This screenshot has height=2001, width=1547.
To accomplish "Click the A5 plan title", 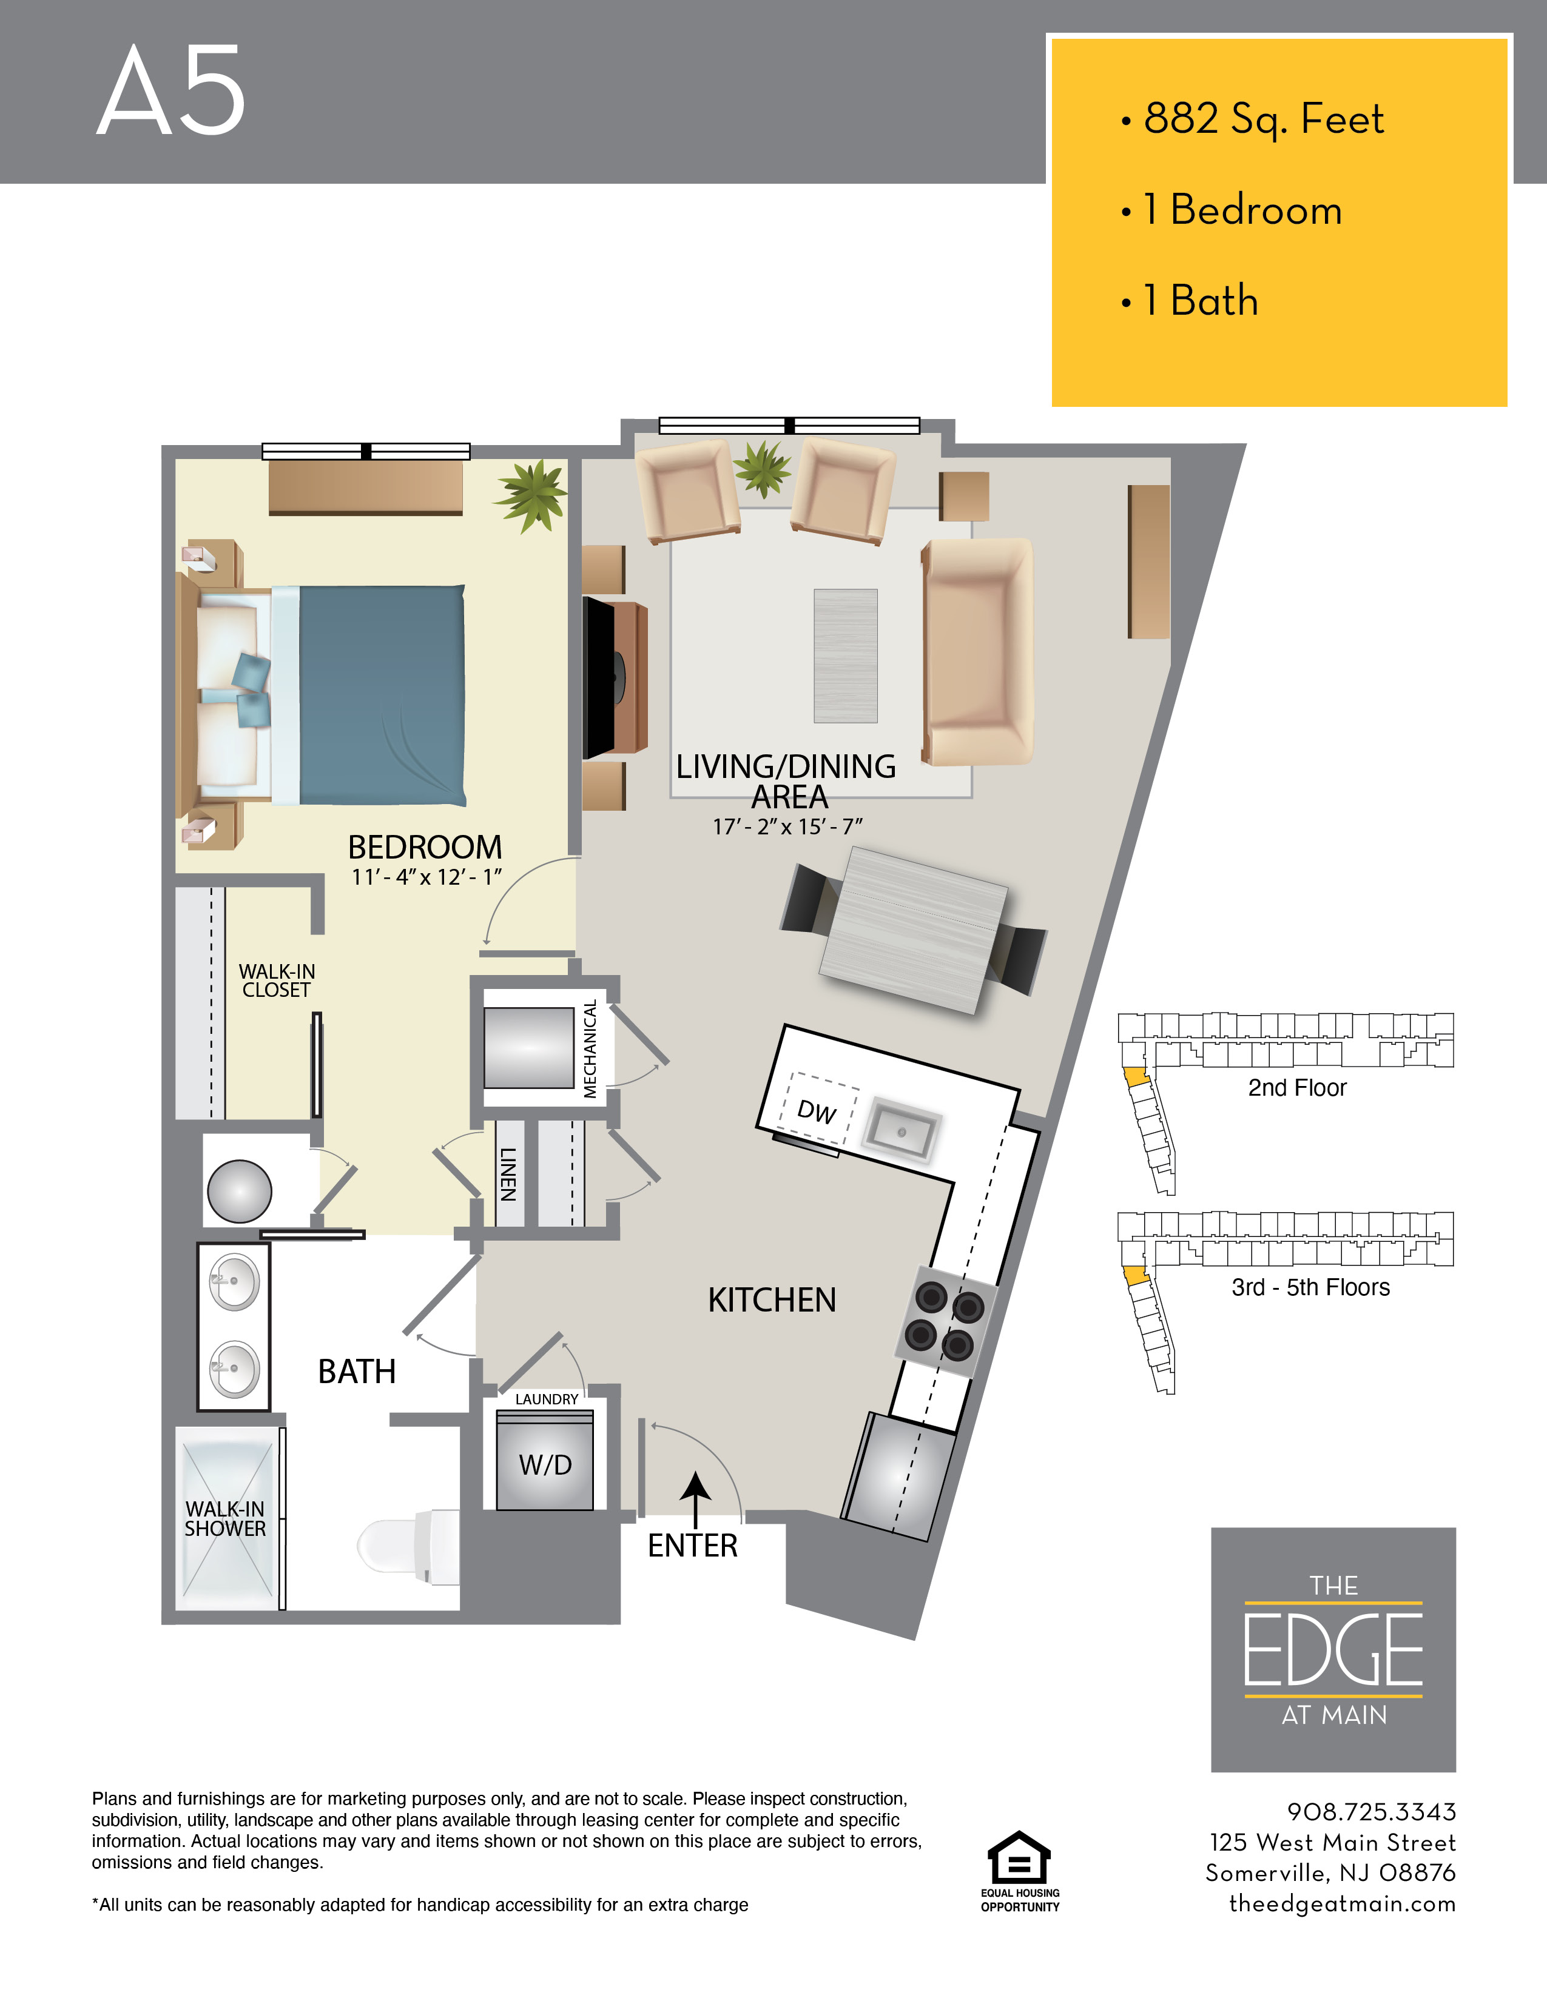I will coord(171,92).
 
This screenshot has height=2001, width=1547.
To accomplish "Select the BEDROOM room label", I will coord(424,846).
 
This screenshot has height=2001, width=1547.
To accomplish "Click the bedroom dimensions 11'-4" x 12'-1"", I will coord(426,877).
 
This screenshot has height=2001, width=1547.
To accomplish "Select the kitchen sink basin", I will coord(903,1131).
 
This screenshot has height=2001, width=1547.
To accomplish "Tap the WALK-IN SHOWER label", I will coord(224,1518).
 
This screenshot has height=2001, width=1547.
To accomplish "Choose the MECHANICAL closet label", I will coord(590,1048).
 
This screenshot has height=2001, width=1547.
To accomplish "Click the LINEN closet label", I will coord(508,1174).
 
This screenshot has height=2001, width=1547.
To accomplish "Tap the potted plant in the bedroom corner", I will coord(531,493).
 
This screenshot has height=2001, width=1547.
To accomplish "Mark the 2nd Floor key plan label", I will coord(1297,1088).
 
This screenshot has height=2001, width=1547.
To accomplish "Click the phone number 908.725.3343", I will coord(1371,1811).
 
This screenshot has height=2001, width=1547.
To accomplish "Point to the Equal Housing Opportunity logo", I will coord(1019,1869).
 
